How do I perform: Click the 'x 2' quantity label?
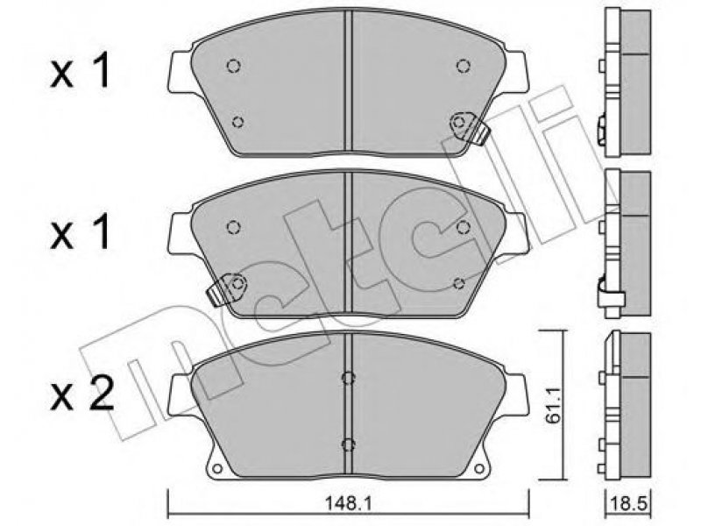82,393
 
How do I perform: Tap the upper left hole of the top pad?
233,67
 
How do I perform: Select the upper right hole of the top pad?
464,67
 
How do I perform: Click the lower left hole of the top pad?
238,122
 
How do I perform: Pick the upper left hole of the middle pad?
233,227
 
